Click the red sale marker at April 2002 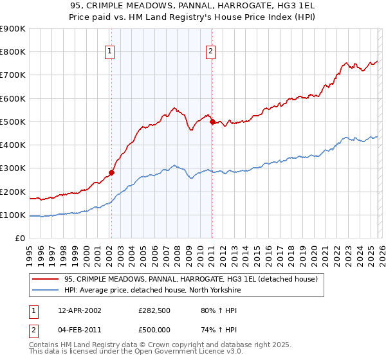(x=111, y=172)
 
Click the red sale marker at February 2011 (x=212, y=122)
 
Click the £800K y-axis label (x=13, y=52)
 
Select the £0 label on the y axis (x=19, y=239)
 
